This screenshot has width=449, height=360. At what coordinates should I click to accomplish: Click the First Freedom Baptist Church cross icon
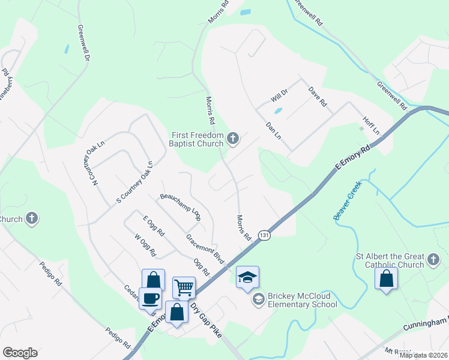point(234,140)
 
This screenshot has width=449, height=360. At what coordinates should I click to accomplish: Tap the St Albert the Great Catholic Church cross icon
point(434,260)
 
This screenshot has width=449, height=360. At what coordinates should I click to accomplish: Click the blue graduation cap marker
point(247,277)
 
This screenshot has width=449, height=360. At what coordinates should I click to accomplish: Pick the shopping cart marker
point(184,287)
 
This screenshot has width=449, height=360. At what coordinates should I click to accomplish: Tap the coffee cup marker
point(149,298)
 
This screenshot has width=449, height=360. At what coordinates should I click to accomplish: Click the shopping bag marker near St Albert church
point(386,278)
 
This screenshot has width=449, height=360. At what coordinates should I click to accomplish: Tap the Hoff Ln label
point(372,125)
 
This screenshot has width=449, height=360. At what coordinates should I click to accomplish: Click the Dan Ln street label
point(273,131)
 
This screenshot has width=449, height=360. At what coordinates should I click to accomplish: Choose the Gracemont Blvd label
point(205,249)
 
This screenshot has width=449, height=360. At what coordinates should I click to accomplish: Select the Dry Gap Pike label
point(205,321)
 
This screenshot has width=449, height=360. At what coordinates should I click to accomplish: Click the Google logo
point(20,352)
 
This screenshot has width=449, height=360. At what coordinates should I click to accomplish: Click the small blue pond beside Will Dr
point(277,110)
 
